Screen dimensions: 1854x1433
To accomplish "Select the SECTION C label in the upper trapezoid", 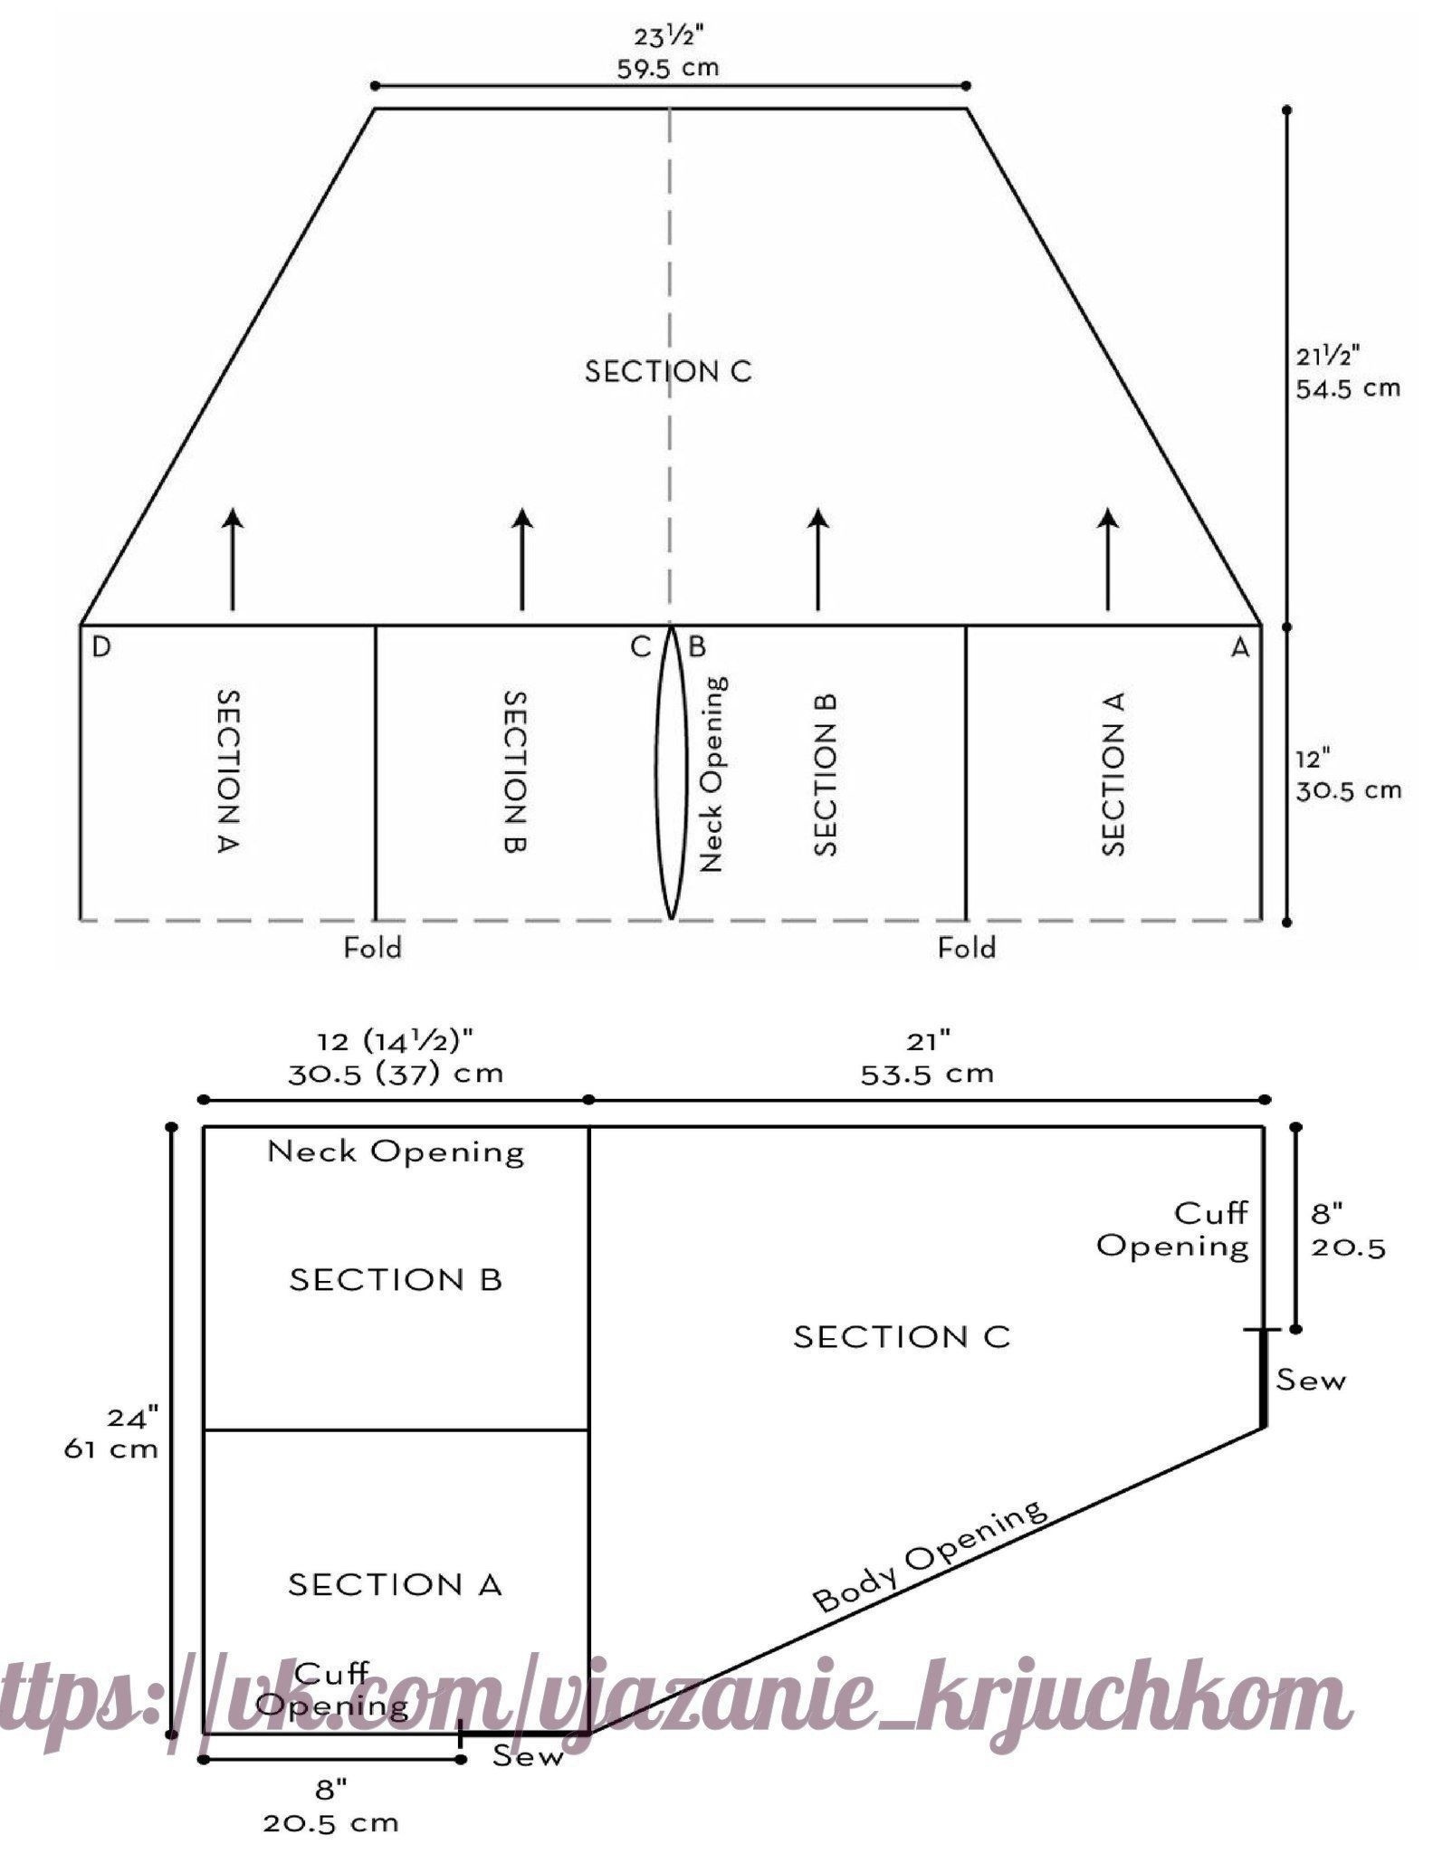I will pos(668,372).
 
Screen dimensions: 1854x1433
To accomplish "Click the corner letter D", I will pos(101,648).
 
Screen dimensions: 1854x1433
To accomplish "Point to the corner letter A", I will pos(1238,648).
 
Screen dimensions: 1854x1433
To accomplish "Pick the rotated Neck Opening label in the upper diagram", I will pos(713,773).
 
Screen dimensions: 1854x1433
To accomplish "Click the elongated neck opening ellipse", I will pos(670,773).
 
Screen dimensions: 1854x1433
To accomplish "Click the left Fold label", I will pos(372,948).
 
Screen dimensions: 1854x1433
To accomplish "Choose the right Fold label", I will pos(967,948).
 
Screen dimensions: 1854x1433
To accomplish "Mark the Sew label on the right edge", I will pos(1311,1381).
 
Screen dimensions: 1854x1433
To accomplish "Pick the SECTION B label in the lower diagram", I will pos(396,1279).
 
